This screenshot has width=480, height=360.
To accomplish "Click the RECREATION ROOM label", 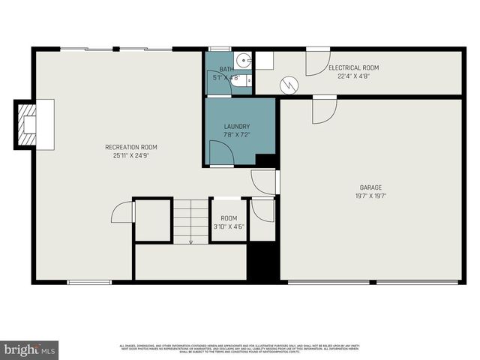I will tap(131, 147).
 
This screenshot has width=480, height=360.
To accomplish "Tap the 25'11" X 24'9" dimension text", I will tap(131, 156).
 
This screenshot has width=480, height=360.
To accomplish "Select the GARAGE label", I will tap(370, 187).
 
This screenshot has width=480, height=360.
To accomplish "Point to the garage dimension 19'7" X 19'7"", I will tap(370, 196).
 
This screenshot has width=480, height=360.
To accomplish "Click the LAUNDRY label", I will tap(237, 127).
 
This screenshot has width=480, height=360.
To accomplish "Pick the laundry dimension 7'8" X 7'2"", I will tap(237, 135).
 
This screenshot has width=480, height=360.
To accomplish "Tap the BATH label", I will tap(225, 68).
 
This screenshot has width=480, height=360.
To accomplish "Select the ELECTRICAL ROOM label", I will tap(352, 67).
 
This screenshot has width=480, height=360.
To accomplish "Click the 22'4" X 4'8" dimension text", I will tap(352, 76).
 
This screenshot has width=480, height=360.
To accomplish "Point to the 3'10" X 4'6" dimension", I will tap(228, 226).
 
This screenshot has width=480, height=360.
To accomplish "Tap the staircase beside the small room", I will tap(190, 220).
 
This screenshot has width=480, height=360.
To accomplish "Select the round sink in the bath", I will tap(243, 61).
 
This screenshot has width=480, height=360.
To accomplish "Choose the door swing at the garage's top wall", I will tap(324, 111).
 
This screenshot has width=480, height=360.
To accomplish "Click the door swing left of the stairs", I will tap(123, 213).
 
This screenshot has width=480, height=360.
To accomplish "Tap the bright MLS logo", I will tap(30, 349).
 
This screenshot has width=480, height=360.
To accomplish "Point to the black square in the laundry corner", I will tap(265, 160).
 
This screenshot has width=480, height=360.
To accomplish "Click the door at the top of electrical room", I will tap(317, 62).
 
